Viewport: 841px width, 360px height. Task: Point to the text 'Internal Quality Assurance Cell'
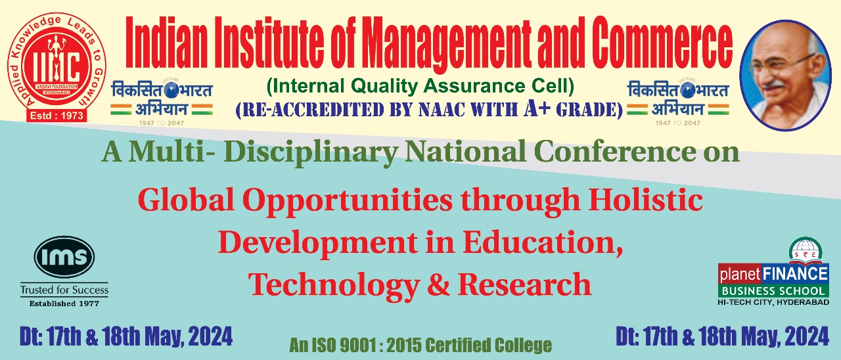[420, 85]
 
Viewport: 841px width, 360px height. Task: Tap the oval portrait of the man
[785, 72]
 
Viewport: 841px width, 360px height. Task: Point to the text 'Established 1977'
[64, 303]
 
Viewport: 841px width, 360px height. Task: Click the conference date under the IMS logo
[125, 337]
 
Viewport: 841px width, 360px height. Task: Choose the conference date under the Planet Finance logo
[722, 337]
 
